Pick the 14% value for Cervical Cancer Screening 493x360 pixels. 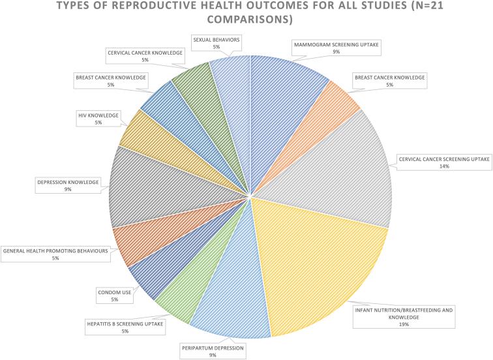pyautogui.click(x=444, y=166)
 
